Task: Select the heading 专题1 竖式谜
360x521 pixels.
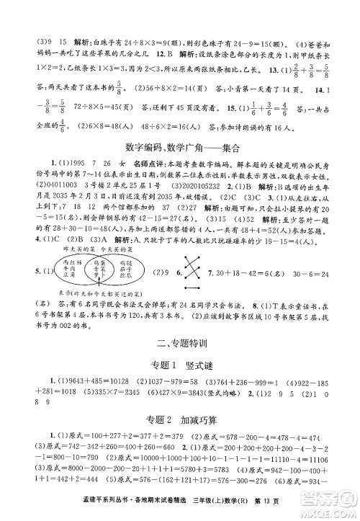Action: coord(180,364)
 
